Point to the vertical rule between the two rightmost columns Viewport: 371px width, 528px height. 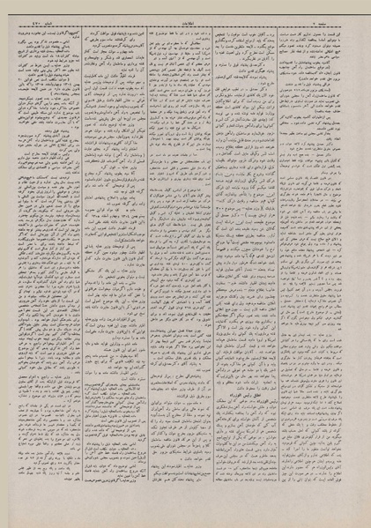click(x=277, y=264)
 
